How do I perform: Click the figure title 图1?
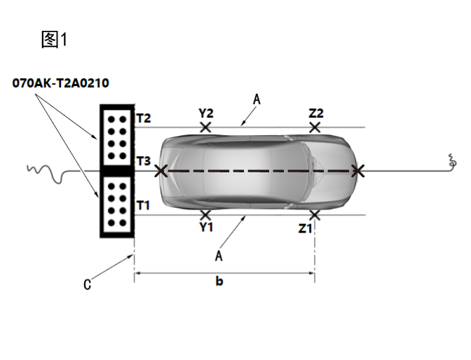tap(54, 40)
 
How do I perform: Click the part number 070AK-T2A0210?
tap(60, 83)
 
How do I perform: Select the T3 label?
tap(143, 161)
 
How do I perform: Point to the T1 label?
tap(143, 205)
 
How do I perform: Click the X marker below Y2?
tap(205, 127)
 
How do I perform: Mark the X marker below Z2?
tap(315, 127)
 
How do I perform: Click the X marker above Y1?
tap(205, 214)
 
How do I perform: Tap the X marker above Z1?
tap(315, 214)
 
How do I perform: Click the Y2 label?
tap(205, 113)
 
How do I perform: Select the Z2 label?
tap(315, 113)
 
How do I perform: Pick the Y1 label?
tap(205, 228)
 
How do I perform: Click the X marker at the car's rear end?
tap(161, 171)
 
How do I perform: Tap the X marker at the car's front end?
tap(358, 171)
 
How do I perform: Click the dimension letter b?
tap(219, 282)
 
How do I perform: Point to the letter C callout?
tap(87, 284)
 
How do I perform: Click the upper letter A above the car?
tap(257, 101)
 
